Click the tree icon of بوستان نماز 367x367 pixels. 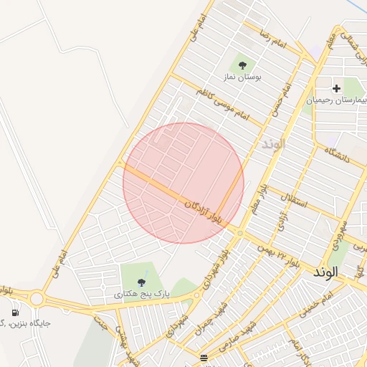(x=242, y=65)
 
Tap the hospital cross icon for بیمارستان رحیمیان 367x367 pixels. (x=336, y=88)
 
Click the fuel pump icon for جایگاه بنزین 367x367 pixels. (x=15, y=313)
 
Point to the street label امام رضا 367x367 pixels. (x=273, y=39)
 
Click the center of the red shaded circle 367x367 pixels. (x=183, y=183)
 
